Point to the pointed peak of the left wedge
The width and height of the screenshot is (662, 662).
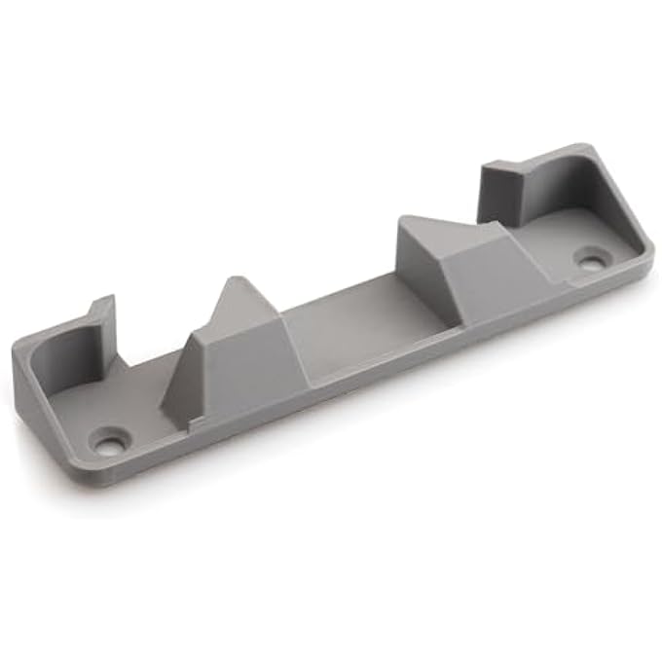pyautogui.click(x=237, y=282)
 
